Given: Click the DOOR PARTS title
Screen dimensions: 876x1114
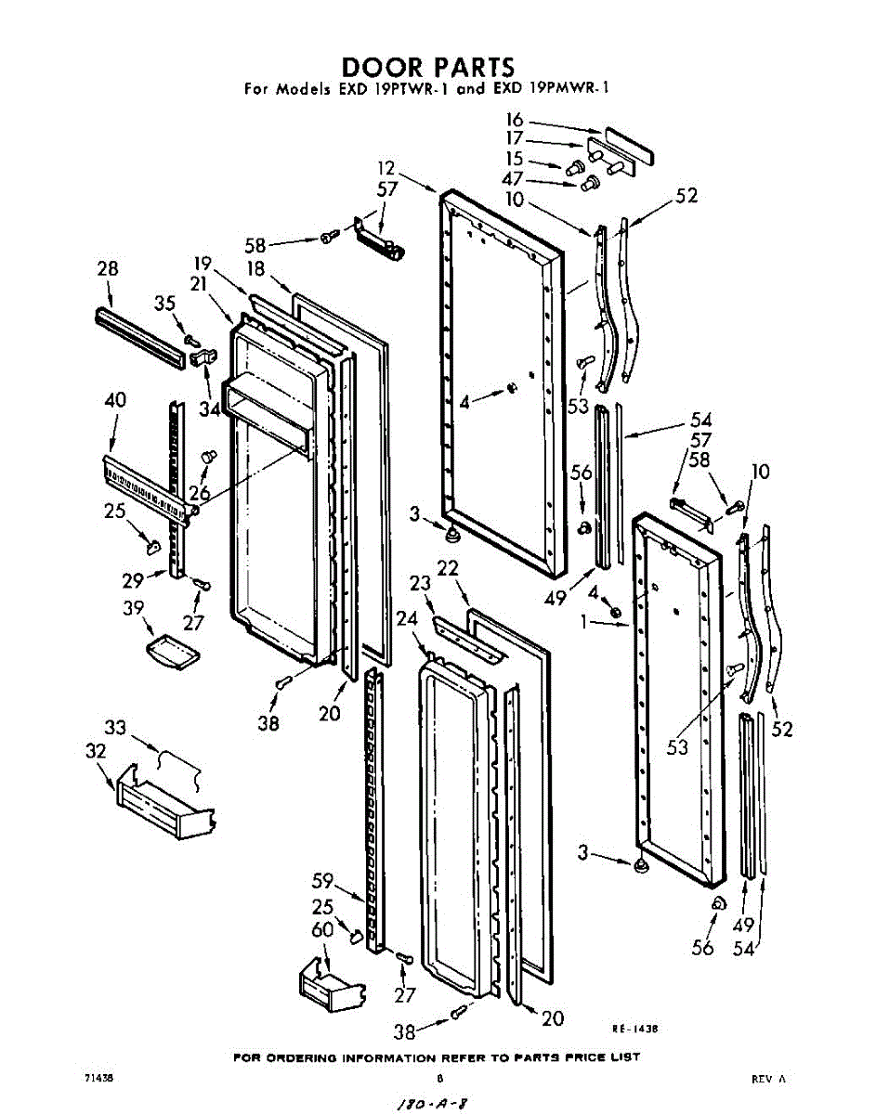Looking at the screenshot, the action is point(427,67).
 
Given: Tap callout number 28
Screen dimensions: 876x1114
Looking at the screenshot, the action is point(108,268).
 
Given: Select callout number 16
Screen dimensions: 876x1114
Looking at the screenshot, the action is point(515,120).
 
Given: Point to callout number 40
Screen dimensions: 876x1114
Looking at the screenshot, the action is point(115,399).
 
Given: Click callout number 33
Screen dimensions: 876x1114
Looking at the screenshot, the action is point(115,728).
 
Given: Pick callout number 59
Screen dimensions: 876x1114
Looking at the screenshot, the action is point(322,881).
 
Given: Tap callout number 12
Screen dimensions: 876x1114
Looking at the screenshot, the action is point(386,168).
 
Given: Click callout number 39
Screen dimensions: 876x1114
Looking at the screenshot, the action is point(134,608).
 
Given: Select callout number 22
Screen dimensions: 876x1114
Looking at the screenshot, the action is point(448,568).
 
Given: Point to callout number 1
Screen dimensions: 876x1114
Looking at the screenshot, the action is point(583,622).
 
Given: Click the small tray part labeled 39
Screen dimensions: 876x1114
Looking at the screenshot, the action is point(173,652).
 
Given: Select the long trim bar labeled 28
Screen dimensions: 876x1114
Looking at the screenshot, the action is point(139,337).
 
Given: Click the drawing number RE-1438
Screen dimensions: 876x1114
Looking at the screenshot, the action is point(634,1029).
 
